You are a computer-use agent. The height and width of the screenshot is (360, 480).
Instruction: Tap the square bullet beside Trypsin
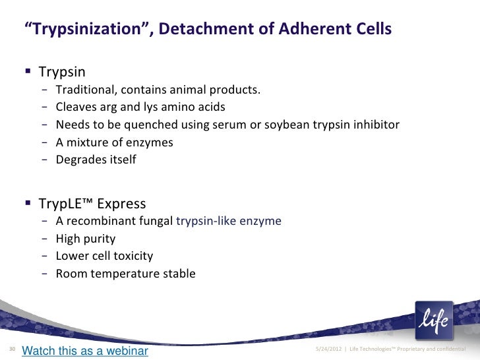coord(30,71)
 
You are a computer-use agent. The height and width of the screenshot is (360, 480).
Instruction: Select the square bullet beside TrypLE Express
coord(30,203)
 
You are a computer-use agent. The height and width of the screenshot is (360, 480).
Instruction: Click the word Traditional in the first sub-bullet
coord(87,90)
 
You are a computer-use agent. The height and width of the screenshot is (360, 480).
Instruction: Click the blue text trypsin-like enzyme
coord(229,222)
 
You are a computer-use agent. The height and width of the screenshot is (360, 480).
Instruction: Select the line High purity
coord(86,239)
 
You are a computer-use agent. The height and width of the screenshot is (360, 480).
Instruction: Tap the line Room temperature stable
coord(125,273)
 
